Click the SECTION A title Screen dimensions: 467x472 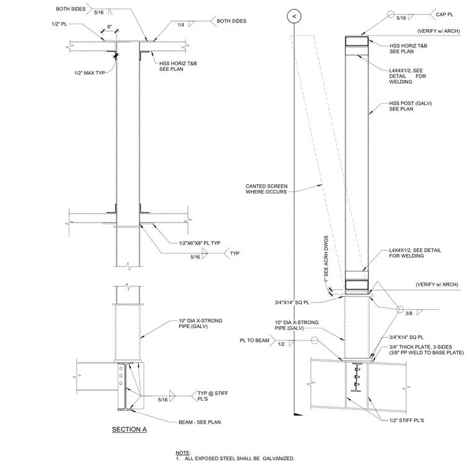(129, 429)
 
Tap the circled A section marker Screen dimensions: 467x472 (294, 16)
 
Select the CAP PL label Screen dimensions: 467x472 (445, 14)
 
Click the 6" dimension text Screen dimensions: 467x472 (109, 27)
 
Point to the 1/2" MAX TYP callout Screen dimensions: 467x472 (89, 73)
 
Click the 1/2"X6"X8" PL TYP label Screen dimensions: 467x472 (200, 243)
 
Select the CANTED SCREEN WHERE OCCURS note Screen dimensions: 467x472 (267, 189)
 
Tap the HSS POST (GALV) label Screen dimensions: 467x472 (410, 106)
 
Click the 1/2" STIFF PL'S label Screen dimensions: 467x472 (407, 420)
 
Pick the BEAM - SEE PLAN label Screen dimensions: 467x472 (200, 422)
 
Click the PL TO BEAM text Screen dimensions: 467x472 (254, 340)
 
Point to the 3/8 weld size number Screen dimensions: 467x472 (409, 314)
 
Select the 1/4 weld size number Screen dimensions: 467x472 (180, 25)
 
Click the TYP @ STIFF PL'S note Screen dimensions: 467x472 (213, 396)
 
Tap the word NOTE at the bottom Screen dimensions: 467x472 (183, 453)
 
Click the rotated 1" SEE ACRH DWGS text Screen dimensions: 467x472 (326, 259)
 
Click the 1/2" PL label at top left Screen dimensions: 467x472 (59, 24)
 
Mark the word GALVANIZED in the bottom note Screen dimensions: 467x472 (278, 458)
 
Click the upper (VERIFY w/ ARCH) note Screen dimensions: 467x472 (438, 31)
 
